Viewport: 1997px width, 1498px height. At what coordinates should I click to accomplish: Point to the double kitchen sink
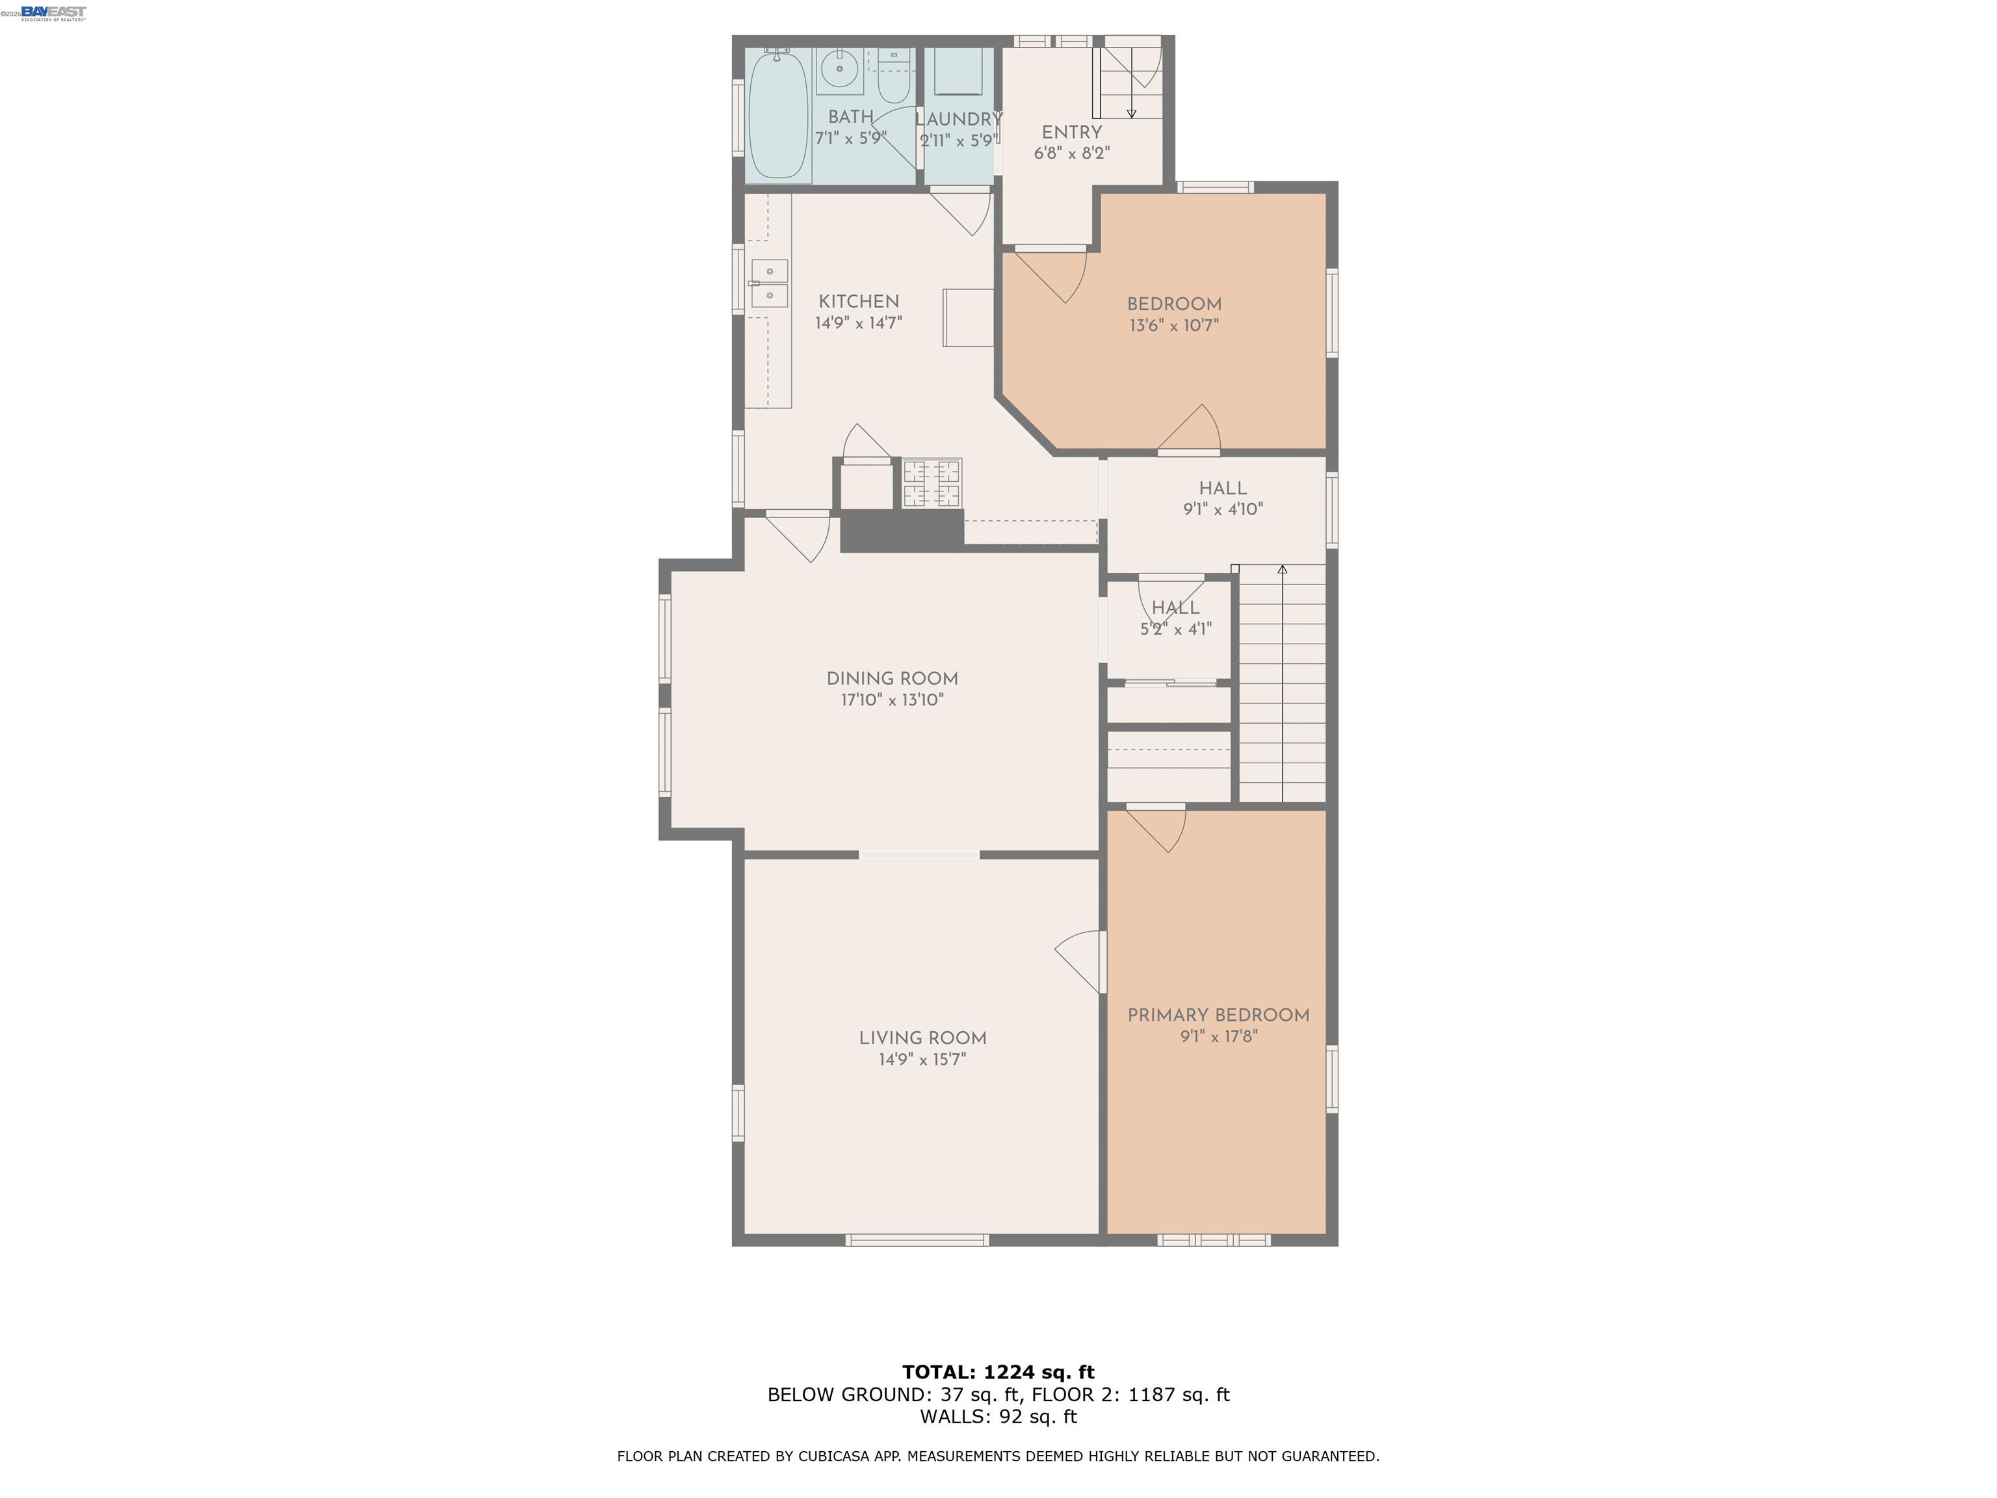[769, 283]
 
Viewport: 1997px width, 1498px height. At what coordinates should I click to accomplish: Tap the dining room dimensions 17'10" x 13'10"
[892, 700]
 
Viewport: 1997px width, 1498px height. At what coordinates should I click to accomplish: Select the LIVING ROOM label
[922, 1038]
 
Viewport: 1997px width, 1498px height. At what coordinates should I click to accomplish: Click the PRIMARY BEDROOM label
[1218, 1015]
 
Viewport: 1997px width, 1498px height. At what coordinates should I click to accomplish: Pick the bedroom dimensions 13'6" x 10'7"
[1173, 326]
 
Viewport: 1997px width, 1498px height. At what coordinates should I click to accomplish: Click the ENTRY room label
[1071, 132]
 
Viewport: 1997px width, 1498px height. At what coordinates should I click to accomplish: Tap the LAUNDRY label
[959, 119]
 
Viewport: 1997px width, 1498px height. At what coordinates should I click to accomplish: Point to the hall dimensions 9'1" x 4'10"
[1222, 509]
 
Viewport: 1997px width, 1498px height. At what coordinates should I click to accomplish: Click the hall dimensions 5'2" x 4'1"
[1175, 629]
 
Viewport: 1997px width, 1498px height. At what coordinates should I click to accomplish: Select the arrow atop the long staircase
[1282, 570]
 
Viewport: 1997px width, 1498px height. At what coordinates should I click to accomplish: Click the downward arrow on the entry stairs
[1131, 113]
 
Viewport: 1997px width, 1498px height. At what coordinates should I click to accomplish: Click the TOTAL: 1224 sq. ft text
[998, 1373]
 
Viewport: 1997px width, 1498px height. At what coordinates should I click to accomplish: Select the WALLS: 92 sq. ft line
[998, 1416]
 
